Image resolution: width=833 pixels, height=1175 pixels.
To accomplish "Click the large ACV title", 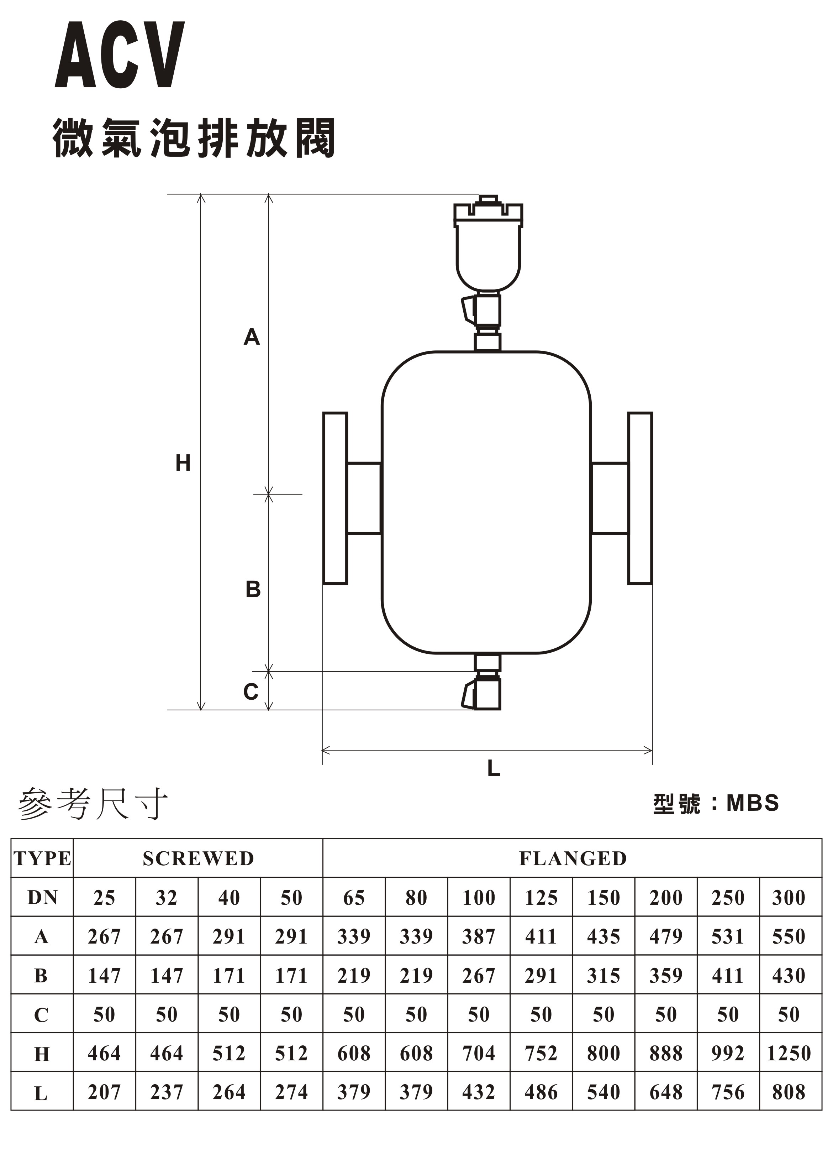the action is [x=120, y=55].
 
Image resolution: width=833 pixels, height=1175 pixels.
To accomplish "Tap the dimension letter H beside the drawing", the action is [x=183, y=463].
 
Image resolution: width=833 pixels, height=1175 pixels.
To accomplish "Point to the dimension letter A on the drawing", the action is [x=251, y=337].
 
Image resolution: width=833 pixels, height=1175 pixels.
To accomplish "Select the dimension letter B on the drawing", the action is [x=253, y=589].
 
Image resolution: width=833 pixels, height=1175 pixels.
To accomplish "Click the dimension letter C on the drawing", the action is [x=251, y=692].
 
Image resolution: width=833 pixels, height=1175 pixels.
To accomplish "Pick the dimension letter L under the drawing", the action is [x=494, y=768].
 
